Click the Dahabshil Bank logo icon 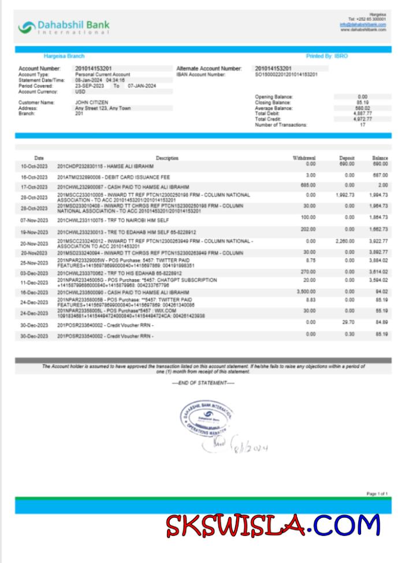coord(27,27)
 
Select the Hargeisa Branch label coord(64,56)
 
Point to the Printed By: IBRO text coord(327,56)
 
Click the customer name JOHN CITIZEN coord(92,102)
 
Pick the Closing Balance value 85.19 coord(362,102)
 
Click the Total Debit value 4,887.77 coord(362,113)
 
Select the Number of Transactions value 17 coord(362,125)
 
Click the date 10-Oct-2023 coord(34,166)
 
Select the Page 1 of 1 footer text coord(377,494)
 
